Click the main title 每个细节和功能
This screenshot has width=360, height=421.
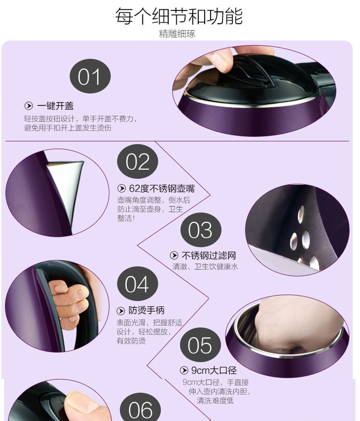point(179,16)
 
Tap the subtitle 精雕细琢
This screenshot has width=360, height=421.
point(178,34)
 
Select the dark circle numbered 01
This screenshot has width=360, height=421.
point(90,76)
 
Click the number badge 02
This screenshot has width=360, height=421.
point(138,161)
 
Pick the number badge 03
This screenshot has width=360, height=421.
point(201,230)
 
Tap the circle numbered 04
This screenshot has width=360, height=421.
point(138,284)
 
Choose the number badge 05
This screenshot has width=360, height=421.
point(200,345)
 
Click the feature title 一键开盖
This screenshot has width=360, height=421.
point(55,106)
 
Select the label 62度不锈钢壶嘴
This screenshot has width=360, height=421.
point(162,189)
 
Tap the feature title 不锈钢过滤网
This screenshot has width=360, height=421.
point(209,255)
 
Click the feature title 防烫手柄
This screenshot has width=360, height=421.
point(146,310)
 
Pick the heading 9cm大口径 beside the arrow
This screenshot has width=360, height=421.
point(214,371)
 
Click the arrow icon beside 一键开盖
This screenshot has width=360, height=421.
point(29,106)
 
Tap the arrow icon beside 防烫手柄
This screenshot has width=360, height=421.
point(121,311)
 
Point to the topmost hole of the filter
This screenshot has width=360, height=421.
point(301,214)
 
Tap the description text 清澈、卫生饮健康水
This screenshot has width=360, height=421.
point(205,267)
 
